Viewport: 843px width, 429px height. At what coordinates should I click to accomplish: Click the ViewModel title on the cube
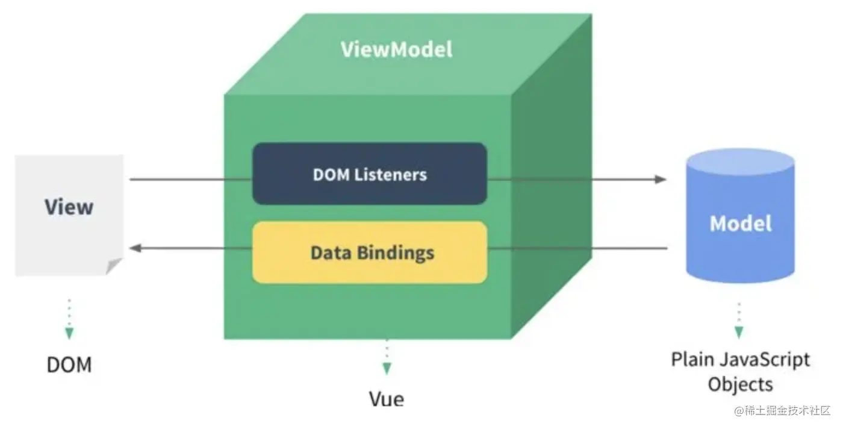point(396,49)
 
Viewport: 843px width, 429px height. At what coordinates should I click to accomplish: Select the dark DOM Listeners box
point(369,174)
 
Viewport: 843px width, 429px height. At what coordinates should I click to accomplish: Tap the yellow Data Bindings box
point(369,252)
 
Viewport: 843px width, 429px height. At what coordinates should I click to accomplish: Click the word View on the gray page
point(69,207)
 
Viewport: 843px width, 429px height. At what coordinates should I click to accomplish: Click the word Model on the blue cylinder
point(740,224)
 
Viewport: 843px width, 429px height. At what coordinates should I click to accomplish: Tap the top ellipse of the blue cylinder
point(740,161)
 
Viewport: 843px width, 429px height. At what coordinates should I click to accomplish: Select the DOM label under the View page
point(69,365)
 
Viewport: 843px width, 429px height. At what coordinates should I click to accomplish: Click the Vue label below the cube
point(386,399)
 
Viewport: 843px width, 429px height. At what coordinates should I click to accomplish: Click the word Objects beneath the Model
point(740,384)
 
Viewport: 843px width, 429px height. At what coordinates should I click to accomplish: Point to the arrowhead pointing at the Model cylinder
point(661,179)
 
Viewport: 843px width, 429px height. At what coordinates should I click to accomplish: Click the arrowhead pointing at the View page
point(135,248)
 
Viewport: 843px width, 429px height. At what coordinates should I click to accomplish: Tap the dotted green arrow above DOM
point(69,319)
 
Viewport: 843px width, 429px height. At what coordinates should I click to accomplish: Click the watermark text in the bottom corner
point(782,412)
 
